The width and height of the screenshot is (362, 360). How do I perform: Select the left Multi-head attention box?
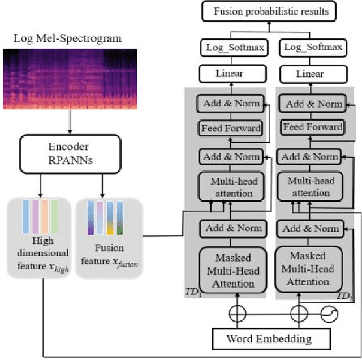[230, 186]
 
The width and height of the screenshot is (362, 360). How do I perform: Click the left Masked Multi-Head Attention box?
[230, 267]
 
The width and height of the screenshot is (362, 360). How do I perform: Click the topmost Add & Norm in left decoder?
[230, 104]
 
